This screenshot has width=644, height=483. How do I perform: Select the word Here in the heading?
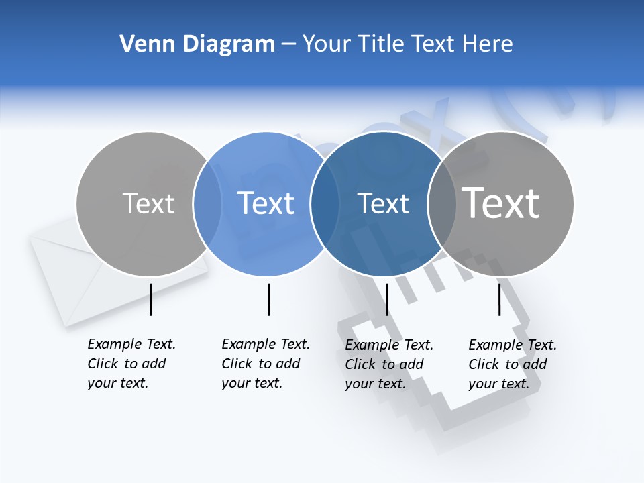(488, 44)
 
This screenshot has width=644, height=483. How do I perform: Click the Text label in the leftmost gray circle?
(148, 203)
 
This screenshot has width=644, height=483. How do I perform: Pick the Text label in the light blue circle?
(266, 203)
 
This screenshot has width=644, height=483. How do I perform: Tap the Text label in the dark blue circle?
(384, 203)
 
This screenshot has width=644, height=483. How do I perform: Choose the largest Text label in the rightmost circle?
(501, 203)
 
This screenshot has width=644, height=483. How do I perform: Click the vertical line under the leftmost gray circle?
(151, 299)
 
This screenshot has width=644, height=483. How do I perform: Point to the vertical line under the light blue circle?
(268, 299)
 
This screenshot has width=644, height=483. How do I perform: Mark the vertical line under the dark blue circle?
(386, 299)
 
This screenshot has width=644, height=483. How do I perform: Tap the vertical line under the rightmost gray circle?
(499, 299)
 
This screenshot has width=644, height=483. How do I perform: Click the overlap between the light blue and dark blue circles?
(325, 204)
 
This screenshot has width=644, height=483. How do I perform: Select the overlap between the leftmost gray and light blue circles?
(207, 204)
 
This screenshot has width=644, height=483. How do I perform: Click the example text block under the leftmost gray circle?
(131, 364)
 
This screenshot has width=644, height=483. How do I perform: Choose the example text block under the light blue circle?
(265, 364)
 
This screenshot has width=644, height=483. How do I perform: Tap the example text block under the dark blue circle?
(388, 364)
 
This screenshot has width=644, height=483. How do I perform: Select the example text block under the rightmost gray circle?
(512, 364)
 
